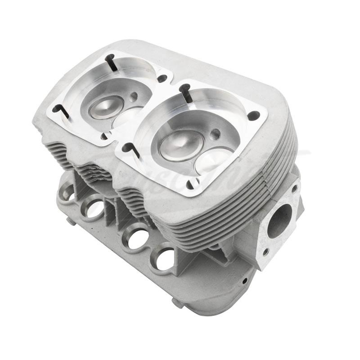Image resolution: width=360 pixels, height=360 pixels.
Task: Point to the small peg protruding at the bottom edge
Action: pos(68,221)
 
